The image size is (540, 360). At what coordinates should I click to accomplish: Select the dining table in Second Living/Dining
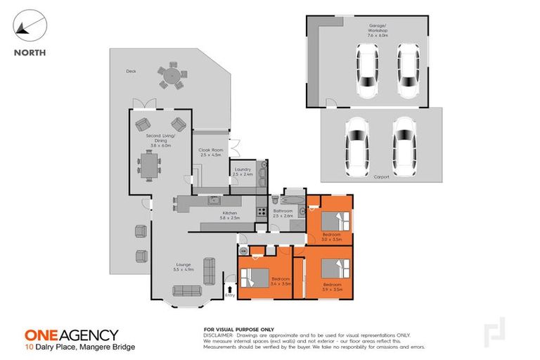[149, 166]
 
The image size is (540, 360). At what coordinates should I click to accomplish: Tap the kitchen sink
[213, 202]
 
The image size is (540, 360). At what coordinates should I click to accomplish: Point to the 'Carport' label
[381, 176]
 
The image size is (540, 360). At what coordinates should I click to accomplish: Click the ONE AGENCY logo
[72, 335]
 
